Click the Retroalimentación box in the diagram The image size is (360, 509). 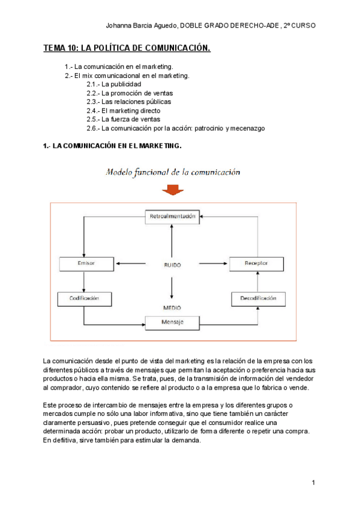point(172,217)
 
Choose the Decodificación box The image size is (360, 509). point(259,298)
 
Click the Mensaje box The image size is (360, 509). point(172,322)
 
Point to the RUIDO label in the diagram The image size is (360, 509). point(172,264)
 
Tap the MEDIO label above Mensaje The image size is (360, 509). point(172,307)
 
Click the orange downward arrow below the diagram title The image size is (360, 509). point(173,190)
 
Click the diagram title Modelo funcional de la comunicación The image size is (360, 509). point(173,172)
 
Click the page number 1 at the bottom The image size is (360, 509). point(314,483)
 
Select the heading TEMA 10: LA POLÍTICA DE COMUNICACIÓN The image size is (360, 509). point(127,48)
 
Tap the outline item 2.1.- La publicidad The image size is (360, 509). point(114,85)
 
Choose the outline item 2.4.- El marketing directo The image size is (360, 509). point(123,110)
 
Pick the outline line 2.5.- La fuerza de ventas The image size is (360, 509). point(123,119)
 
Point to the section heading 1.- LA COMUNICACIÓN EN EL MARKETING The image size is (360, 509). point(112,146)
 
